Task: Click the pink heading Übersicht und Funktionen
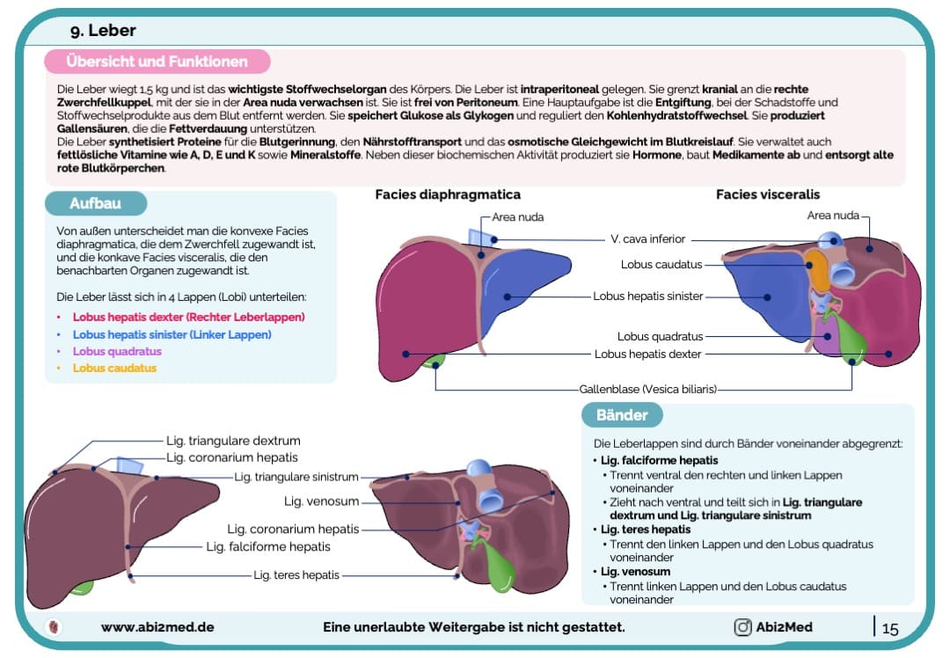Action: [x=157, y=62]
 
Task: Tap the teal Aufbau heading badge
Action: [x=95, y=204]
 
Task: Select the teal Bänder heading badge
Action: [x=622, y=415]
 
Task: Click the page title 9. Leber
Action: [x=103, y=31]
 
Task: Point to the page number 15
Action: [x=889, y=628]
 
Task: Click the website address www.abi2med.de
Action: [x=157, y=627]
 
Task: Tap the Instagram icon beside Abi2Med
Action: [x=742, y=627]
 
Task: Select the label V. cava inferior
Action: [x=647, y=238]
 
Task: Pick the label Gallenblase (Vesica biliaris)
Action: [x=647, y=389]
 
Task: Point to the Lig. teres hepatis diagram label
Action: [x=296, y=575]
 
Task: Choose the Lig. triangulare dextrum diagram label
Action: [x=233, y=441]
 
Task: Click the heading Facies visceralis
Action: [x=767, y=194]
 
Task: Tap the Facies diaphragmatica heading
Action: [x=448, y=194]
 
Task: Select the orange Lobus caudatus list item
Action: [x=114, y=368]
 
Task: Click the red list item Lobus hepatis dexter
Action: [x=188, y=317]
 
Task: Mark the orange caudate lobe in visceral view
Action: [x=819, y=270]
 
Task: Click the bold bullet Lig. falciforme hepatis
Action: [x=659, y=460]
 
